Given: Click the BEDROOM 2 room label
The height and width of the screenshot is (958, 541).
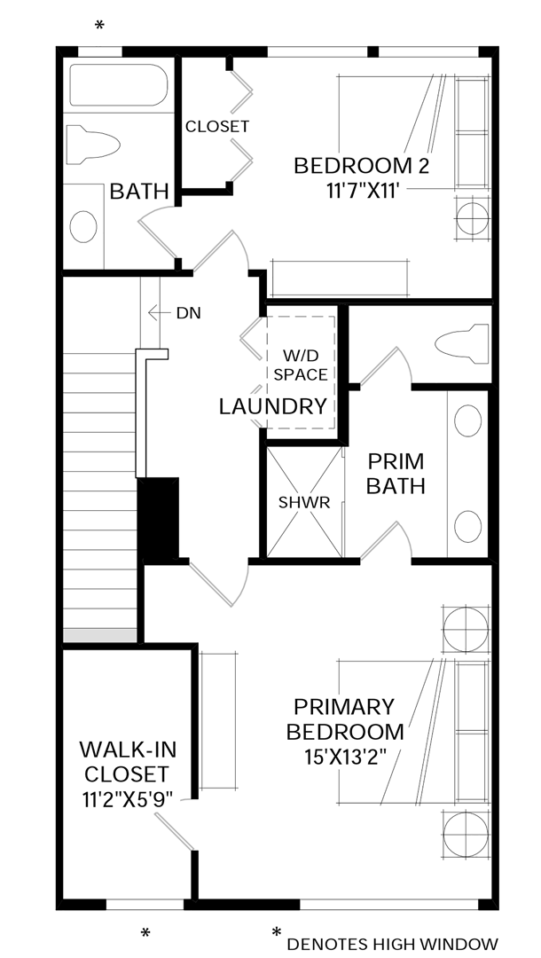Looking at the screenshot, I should pyautogui.click(x=361, y=166).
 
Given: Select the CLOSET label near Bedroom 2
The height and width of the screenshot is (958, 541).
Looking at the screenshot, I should pyautogui.click(x=216, y=127).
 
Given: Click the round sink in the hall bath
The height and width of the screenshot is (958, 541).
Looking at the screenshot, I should pyautogui.click(x=83, y=226).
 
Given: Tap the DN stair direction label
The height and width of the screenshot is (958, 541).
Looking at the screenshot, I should pyautogui.click(x=188, y=312).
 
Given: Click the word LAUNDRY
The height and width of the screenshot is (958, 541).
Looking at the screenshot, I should pyautogui.click(x=273, y=407).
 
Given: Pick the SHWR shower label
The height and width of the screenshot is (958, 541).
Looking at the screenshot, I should pyautogui.click(x=303, y=503).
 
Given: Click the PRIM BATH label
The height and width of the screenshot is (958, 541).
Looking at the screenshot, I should pyautogui.click(x=396, y=474).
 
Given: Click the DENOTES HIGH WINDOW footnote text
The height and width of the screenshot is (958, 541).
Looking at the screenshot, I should pyautogui.click(x=392, y=944).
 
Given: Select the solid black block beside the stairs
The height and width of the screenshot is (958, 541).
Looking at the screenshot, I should pyautogui.click(x=159, y=518).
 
